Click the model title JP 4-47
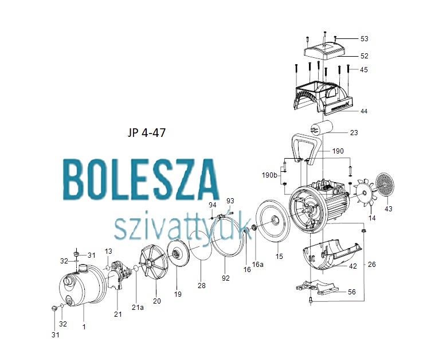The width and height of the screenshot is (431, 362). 147,133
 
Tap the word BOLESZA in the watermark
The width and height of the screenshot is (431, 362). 141,179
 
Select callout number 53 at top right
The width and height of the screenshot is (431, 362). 364,39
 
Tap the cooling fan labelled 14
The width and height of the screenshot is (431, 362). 364,193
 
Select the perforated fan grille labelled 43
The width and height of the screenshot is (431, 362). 385,184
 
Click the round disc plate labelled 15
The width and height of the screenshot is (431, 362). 273,221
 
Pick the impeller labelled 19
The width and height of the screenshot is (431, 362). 177,253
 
